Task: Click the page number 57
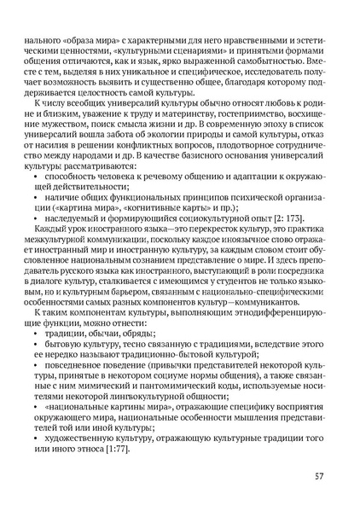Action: [x=317, y=476]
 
